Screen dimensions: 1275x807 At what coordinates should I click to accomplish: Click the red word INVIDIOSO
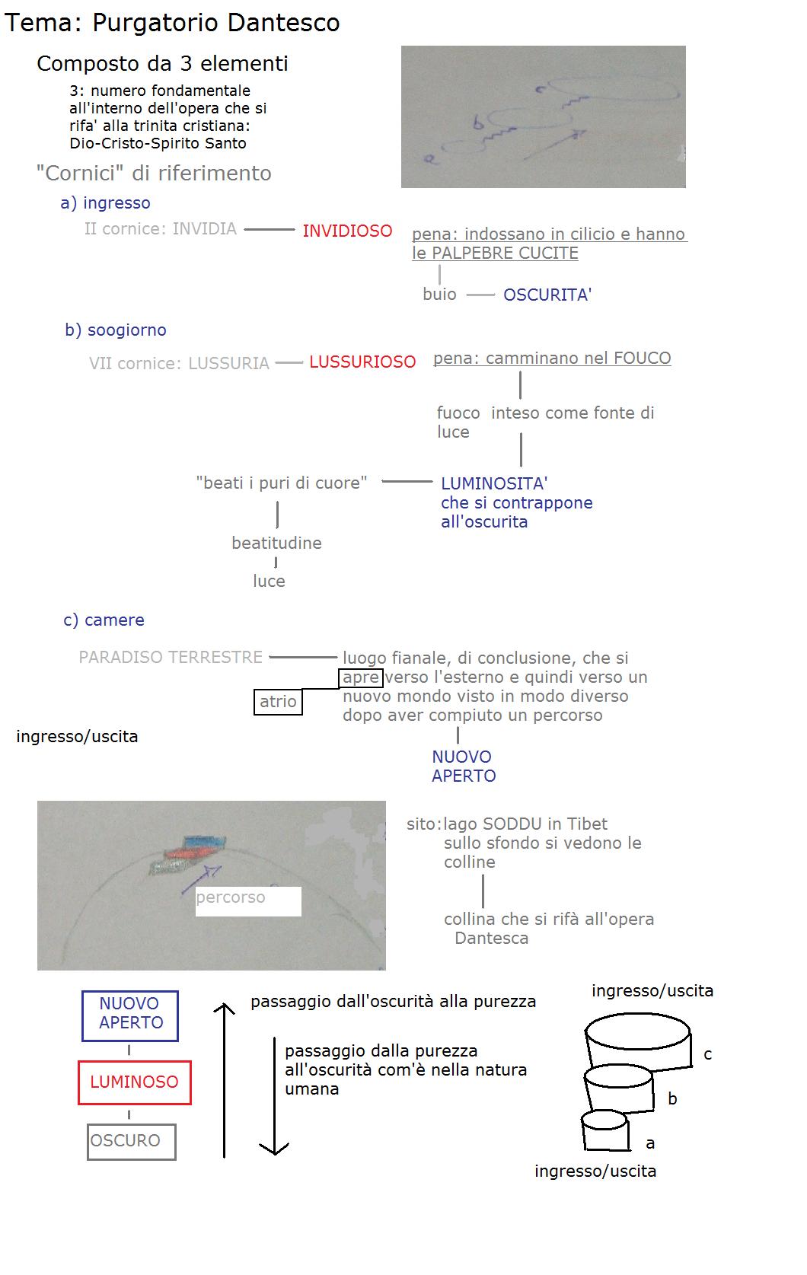pyautogui.click(x=347, y=231)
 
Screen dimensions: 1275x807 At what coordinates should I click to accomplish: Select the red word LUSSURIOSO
pyautogui.click(x=362, y=362)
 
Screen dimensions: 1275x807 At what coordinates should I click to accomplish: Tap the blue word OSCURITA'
pyautogui.click(x=547, y=295)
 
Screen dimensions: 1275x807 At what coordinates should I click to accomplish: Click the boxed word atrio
pyautogui.click(x=278, y=702)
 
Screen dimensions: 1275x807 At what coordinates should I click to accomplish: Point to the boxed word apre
pyautogui.click(x=361, y=677)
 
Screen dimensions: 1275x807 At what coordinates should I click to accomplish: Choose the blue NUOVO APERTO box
pyautogui.click(x=130, y=1015)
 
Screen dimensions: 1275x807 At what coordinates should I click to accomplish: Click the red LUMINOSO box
pyautogui.click(x=134, y=1082)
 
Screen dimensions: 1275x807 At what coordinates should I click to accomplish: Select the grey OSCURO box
pyautogui.click(x=131, y=1141)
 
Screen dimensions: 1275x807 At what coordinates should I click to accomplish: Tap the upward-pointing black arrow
pyautogui.click(x=225, y=1081)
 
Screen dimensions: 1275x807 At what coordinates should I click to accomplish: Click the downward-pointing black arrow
pyautogui.click(x=275, y=1096)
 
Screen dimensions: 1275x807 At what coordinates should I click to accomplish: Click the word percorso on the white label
pyautogui.click(x=231, y=897)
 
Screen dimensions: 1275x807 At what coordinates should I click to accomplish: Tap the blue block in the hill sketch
pyautogui.click(x=205, y=841)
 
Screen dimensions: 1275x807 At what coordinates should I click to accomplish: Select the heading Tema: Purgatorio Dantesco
pyautogui.click(x=172, y=23)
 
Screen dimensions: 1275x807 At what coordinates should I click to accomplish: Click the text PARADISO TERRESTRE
pyautogui.click(x=171, y=657)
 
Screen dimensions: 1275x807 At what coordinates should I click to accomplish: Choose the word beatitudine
pyautogui.click(x=276, y=543)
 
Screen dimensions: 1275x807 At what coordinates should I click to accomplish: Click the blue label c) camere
pyautogui.click(x=104, y=620)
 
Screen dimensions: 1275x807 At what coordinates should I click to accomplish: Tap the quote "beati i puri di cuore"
pyautogui.click(x=281, y=483)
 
